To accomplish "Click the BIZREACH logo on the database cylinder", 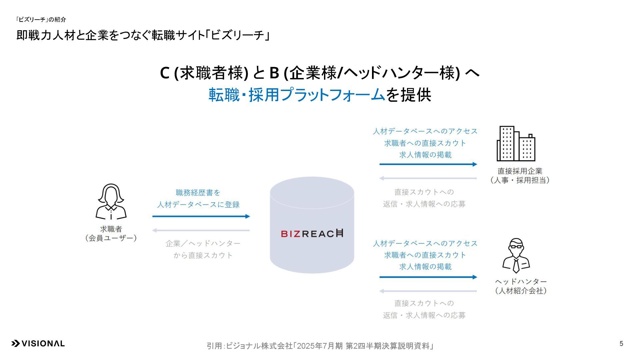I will click(x=312, y=233).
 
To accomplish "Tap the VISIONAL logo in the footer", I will click(x=38, y=344).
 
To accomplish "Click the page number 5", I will click(x=621, y=344).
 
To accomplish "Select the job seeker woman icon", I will click(x=111, y=201).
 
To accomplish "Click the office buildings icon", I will click(x=516, y=144).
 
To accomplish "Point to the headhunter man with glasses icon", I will click(x=516, y=255).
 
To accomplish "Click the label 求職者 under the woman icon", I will click(x=111, y=229).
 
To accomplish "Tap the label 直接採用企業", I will click(x=520, y=171).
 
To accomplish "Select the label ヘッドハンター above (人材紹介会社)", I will click(x=521, y=282).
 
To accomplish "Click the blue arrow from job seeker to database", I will click(x=201, y=216).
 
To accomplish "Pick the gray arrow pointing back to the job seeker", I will click(x=201, y=230).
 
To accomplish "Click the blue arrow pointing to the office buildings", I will click(x=428, y=164).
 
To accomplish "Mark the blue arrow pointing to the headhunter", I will click(x=428, y=277).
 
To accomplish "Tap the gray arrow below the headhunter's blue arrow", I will click(x=428, y=291).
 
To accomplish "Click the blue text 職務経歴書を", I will click(x=198, y=193).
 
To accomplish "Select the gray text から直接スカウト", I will click(x=203, y=255).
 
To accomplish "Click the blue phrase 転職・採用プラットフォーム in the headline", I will click(x=297, y=95).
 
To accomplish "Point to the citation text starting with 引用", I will click(x=320, y=346).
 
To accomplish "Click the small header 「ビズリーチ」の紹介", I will click(x=41, y=20).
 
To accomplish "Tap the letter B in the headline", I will click(x=274, y=73).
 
